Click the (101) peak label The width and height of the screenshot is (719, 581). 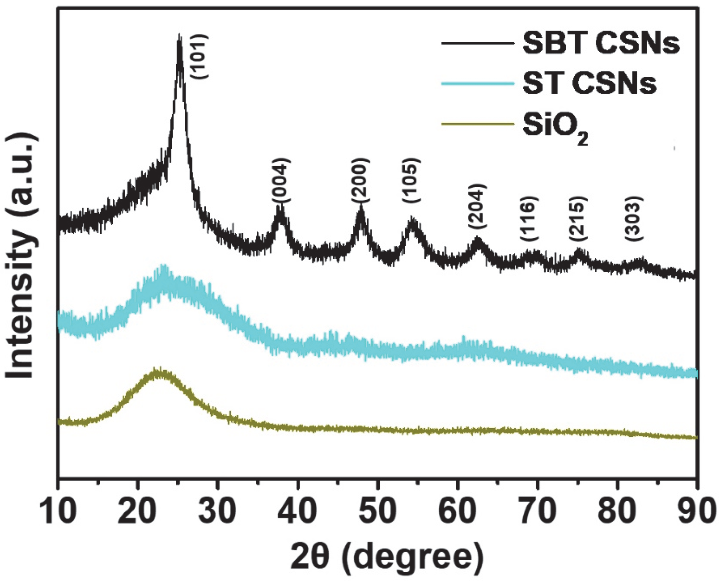(200, 56)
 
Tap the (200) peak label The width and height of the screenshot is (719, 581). (361, 180)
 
